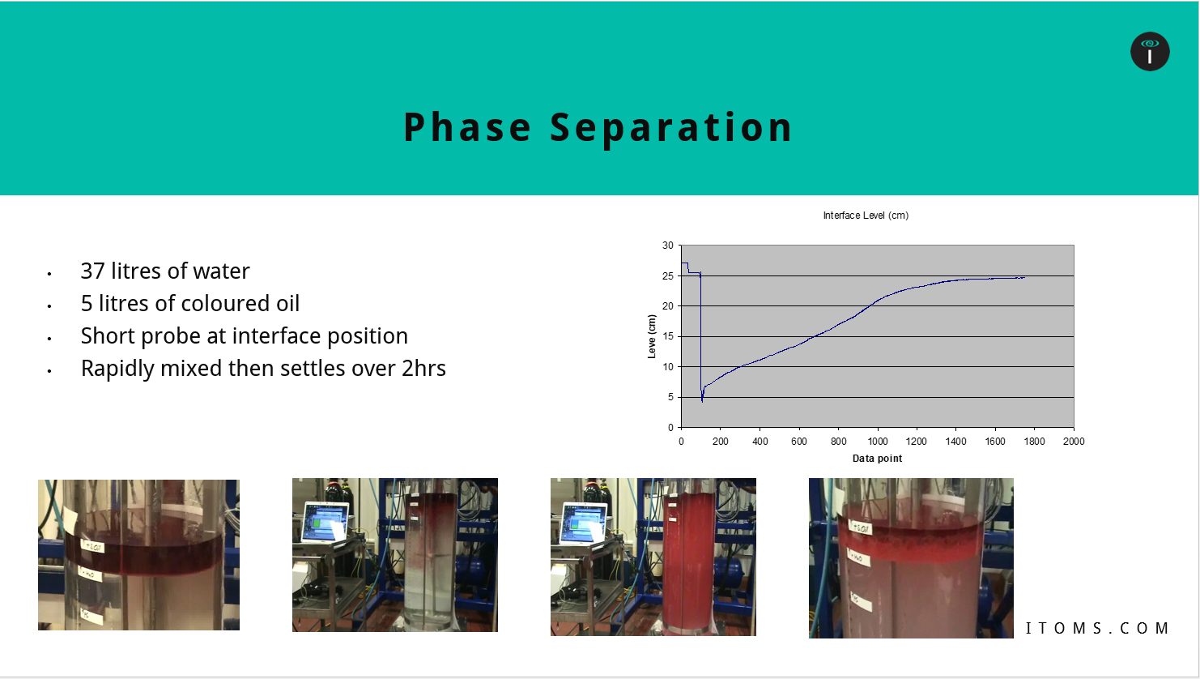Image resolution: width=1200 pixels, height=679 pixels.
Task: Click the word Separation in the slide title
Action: click(671, 128)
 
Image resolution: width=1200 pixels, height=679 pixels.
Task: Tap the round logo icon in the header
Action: click(1150, 52)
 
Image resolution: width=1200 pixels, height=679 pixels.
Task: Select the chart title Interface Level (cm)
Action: click(866, 216)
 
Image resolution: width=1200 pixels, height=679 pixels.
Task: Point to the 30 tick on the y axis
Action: click(668, 246)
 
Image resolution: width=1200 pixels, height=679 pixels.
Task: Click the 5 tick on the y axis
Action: click(670, 397)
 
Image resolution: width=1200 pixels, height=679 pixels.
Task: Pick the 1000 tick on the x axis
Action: click(878, 442)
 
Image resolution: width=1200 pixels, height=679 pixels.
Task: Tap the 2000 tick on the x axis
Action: click(1074, 442)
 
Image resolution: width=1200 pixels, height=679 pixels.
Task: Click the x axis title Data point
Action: click(877, 459)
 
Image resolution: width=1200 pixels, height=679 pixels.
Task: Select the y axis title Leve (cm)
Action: click(653, 336)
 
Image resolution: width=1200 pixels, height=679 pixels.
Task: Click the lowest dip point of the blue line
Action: click(702, 400)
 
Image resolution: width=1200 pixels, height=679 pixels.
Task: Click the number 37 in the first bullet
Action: click(92, 271)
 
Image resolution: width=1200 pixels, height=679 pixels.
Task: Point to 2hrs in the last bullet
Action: click(423, 369)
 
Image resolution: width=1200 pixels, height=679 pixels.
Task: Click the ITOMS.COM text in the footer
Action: click(1097, 628)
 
